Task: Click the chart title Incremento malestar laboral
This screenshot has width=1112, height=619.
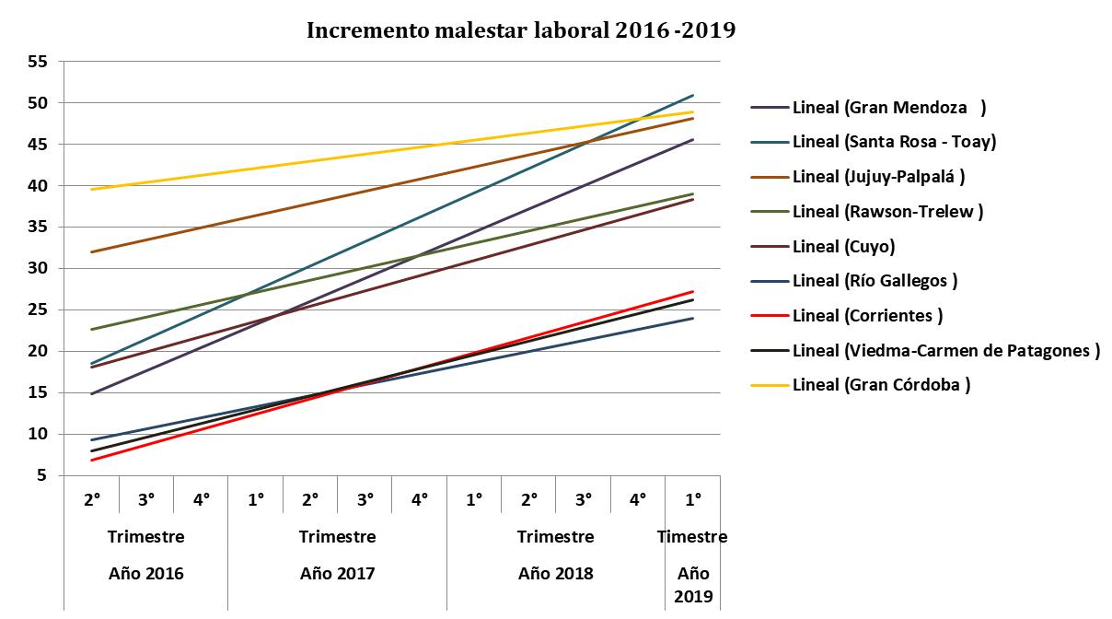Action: pos(521,30)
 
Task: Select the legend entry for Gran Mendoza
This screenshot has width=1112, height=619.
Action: pos(888,108)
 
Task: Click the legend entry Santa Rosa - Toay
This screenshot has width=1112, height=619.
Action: pos(894,142)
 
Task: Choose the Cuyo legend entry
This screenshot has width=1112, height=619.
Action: pos(843,247)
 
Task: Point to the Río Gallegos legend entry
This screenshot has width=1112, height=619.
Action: pos(875,281)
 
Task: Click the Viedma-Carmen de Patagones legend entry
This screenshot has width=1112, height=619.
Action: pos(945,350)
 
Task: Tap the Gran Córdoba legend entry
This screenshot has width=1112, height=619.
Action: pos(881,385)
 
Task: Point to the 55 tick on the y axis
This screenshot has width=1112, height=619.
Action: pos(38,62)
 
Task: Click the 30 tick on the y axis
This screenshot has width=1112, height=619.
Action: pos(38,269)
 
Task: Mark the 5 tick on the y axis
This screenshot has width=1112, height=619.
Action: pos(42,476)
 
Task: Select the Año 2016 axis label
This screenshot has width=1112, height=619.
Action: pos(145,573)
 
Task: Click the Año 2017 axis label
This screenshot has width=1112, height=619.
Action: pos(337,573)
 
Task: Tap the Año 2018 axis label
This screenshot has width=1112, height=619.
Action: pos(555,573)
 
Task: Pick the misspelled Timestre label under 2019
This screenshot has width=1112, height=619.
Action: pos(692,537)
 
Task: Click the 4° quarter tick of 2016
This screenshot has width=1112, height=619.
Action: pos(201,499)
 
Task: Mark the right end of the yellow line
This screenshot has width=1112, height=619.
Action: pos(692,111)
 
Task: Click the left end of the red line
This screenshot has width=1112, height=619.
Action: pos(92,461)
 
